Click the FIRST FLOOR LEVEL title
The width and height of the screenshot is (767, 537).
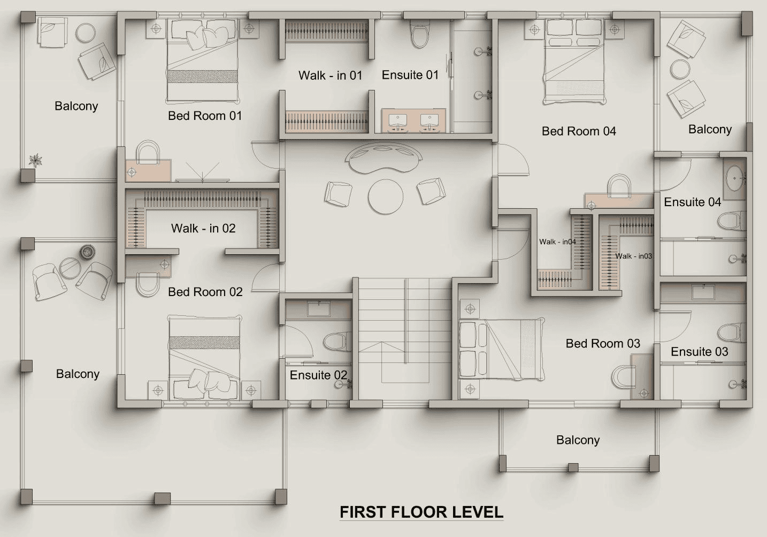(421, 512)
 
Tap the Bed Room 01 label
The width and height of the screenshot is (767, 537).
(205, 116)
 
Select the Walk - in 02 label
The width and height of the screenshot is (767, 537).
(203, 228)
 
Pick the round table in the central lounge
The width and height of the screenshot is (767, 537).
(386, 196)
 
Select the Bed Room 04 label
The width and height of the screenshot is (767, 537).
(579, 131)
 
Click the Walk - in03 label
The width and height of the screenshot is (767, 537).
(633, 256)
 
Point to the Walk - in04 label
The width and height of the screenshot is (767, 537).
(557, 241)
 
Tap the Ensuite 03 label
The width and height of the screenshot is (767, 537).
(699, 352)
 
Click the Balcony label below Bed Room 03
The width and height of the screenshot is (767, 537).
(578, 440)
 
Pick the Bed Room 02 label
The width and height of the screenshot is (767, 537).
(205, 292)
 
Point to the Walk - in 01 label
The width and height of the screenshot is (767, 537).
(330, 75)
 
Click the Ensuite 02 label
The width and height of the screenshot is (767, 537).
(318, 375)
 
